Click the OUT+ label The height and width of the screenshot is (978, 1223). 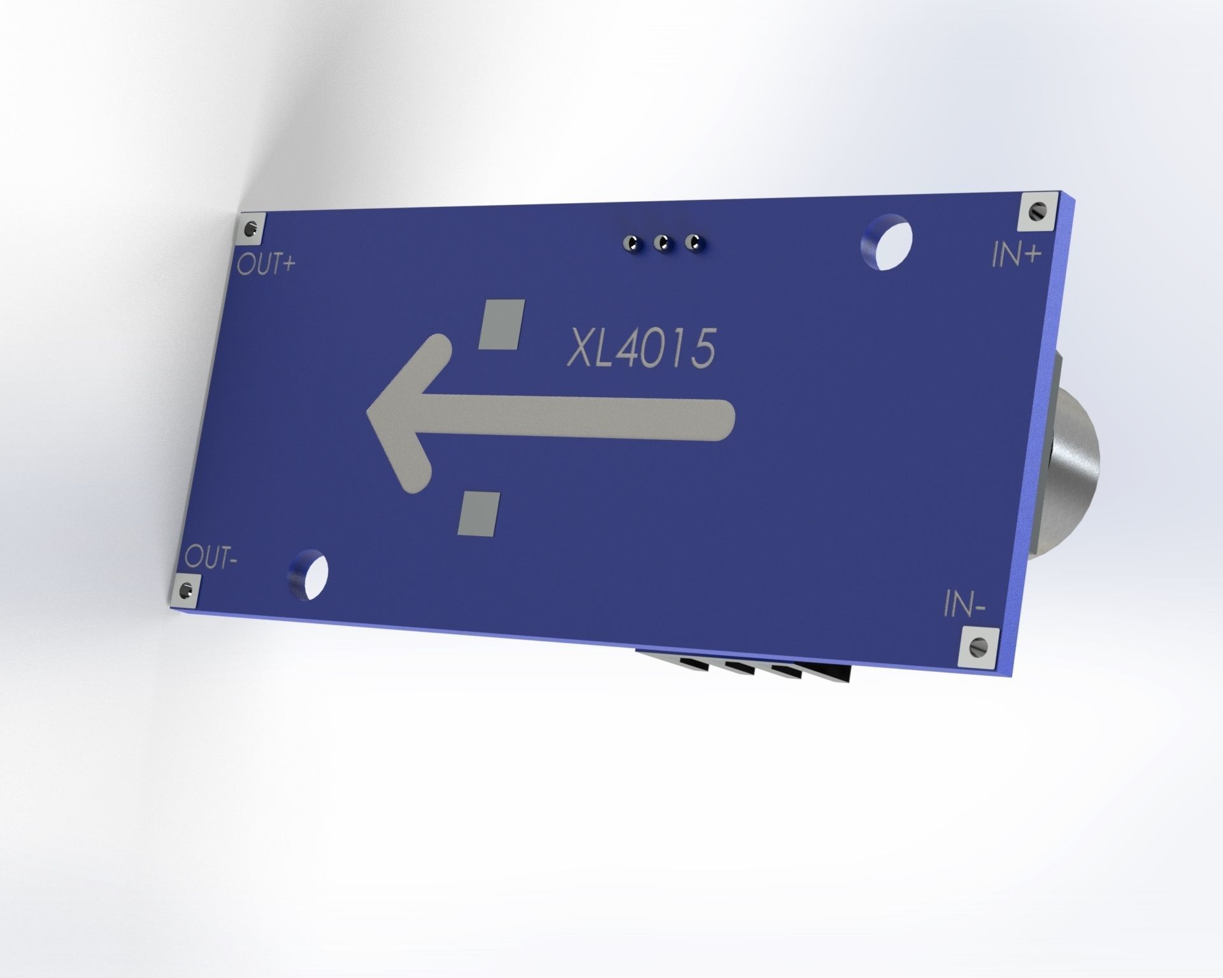pyautogui.click(x=266, y=264)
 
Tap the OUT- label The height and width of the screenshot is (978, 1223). pyautogui.click(x=211, y=558)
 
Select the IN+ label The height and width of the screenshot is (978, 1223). pyautogui.click(x=1016, y=255)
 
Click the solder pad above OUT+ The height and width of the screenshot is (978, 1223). pyautogui.click(x=251, y=229)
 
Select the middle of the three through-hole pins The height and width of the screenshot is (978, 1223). pyautogui.click(x=664, y=243)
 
